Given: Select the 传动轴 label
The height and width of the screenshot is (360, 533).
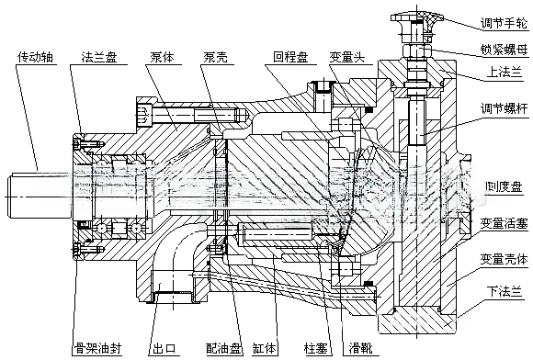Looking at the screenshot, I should point(36,56).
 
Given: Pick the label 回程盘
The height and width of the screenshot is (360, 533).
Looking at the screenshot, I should point(290,56).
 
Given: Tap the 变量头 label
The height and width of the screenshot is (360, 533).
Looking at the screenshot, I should point(347,56).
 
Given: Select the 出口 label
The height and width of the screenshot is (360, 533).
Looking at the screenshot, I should point(165,349).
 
